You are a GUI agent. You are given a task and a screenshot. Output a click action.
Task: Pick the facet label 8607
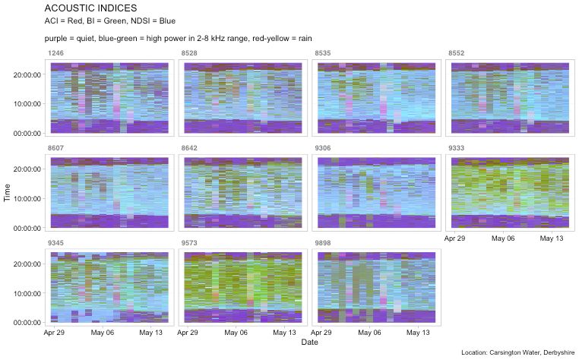pos(55,150)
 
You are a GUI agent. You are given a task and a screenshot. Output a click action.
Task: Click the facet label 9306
pos(324,150)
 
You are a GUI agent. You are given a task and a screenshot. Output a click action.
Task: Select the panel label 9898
pos(324,244)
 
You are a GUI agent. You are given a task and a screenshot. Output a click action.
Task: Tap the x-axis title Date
pos(309,343)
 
